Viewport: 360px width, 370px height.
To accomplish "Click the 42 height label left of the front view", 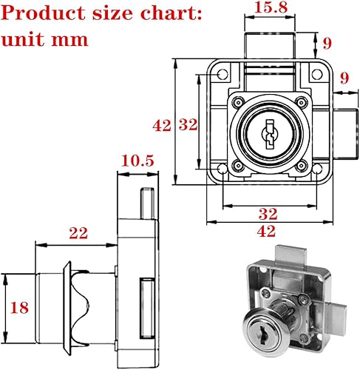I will (161, 125).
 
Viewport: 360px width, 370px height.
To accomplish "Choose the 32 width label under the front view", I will (268, 214).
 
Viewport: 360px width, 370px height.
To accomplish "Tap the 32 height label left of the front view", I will (189, 125).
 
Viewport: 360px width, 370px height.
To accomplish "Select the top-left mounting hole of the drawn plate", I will (220, 74).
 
